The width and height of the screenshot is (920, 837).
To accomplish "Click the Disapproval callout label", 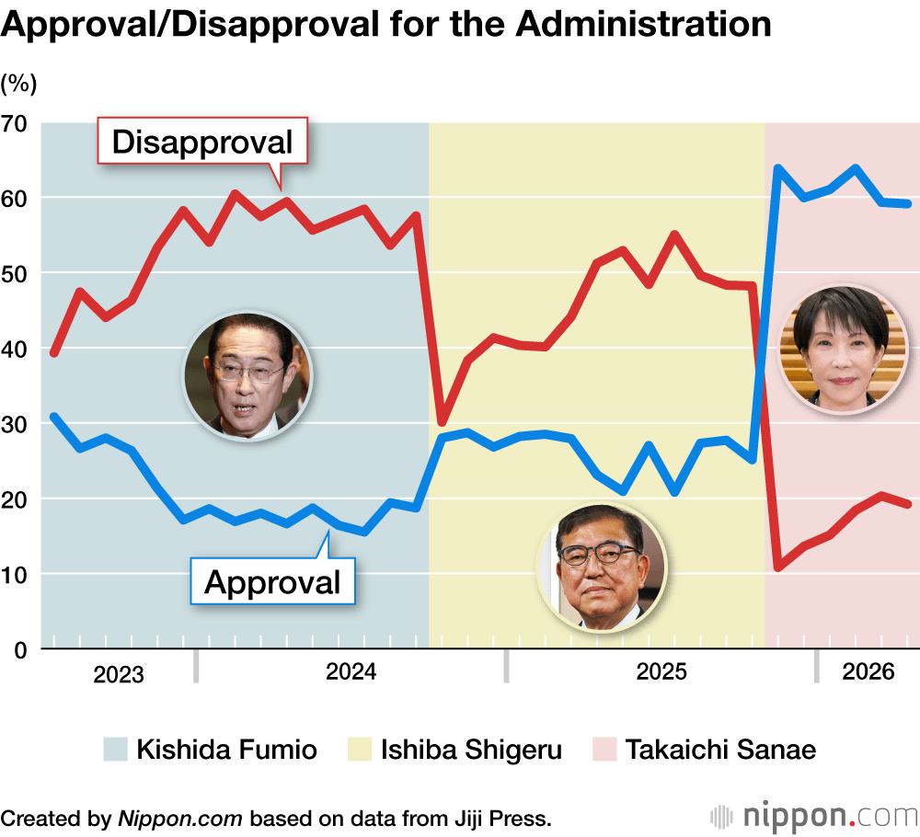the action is [x=202, y=142].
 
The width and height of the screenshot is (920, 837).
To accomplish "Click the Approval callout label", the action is [x=272, y=581].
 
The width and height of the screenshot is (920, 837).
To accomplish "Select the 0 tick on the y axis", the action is [x=20, y=650].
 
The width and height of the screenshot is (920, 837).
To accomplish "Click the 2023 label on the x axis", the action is [x=119, y=674].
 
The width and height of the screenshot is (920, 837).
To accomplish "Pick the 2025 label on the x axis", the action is [x=661, y=671].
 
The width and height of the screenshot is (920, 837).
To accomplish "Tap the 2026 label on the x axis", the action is [x=868, y=671].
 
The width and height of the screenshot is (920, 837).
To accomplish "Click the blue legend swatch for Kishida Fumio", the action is [x=115, y=749].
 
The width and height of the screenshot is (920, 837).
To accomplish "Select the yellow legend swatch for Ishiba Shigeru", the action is [x=359, y=749].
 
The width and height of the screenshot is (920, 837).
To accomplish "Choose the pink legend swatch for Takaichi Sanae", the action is [x=604, y=749].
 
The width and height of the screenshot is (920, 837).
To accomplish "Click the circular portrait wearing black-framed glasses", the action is [x=602, y=567].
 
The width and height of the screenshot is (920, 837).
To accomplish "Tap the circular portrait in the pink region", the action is [x=842, y=349].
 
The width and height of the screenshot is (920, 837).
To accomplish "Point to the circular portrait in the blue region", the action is [x=248, y=376].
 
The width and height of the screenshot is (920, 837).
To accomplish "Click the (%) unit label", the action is [x=18, y=84].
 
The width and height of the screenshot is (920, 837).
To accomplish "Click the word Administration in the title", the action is [x=644, y=25].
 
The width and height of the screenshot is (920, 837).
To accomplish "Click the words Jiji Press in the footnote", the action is [x=500, y=819].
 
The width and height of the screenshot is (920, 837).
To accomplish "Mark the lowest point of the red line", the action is [x=778, y=568].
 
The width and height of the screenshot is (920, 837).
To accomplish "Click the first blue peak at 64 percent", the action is [x=777, y=167].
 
